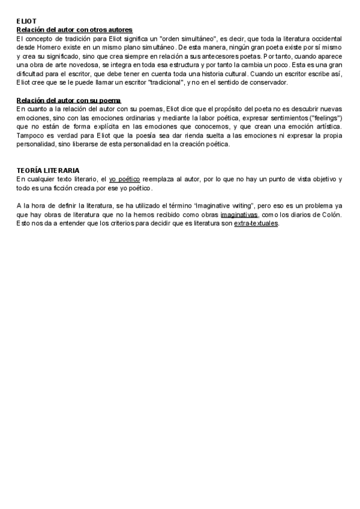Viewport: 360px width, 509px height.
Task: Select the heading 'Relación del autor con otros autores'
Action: tap(74, 29)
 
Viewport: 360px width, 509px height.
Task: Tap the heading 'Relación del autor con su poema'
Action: tap(68, 100)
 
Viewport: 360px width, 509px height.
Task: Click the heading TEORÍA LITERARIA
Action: tap(48, 171)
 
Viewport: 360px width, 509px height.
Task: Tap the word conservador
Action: tap(268, 82)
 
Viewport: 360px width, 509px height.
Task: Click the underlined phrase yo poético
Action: tap(125, 179)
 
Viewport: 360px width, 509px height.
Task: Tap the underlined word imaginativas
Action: tap(239, 215)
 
